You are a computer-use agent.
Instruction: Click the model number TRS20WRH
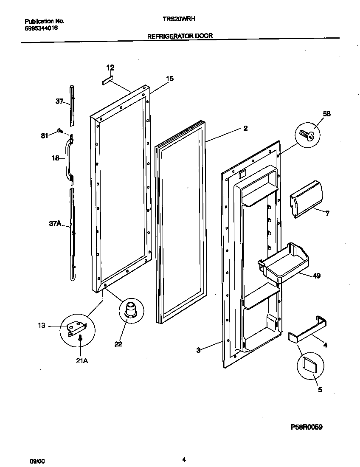[x=180, y=19]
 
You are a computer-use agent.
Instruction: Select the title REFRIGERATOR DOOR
[x=180, y=36]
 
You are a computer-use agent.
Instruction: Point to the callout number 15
[x=169, y=79]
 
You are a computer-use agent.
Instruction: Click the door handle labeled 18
[x=67, y=159]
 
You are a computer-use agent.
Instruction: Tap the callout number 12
[x=110, y=68]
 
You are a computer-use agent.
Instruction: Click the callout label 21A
[x=82, y=361]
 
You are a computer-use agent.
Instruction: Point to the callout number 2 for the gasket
[x=245, y=128]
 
